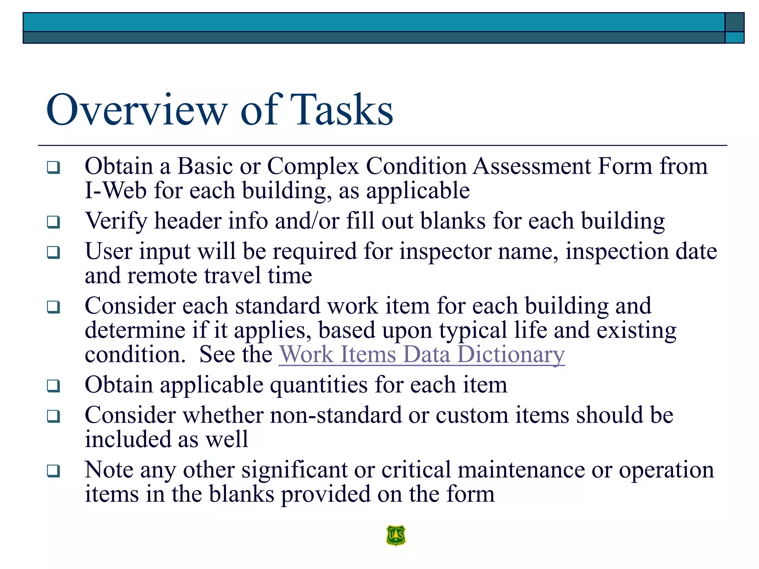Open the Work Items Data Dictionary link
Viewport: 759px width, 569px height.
pyautogui.click(x=422, y=355)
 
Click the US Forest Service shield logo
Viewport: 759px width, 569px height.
pyautogui.click(x=396, y=535)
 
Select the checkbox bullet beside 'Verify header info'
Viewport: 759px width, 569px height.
pyautogui.click(x=53, y=222)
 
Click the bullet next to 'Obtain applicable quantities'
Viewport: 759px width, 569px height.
pyautogui.click(x=53, y=386)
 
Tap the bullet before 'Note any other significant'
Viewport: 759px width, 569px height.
pyautogui.click(x=53, y=471)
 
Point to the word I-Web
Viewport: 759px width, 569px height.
pyautogui.click(x=115, y=191)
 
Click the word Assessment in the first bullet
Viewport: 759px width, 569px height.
pyautogui.click(x=532, y=166)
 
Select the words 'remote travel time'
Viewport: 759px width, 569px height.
pyautogui.click(x=219, y=276)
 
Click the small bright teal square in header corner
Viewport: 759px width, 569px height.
pyautogui.click(x=734, y=37)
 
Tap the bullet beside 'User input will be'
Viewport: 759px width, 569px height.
pyautogui.click(x=53, y=253)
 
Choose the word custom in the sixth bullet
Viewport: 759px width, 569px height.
pyautogui.click(x=472, y=415)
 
